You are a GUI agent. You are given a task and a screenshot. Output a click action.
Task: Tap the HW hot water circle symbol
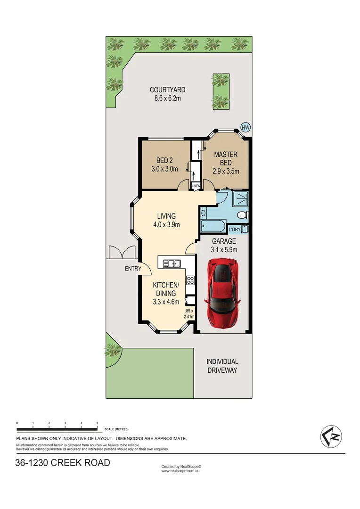pyautogui.click(x=245, y=127)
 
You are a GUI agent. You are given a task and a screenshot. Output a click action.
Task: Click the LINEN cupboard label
pyautogui.click(x=196, y=186)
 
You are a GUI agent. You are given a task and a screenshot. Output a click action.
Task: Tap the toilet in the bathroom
pyautogui.click(x=243, y=215)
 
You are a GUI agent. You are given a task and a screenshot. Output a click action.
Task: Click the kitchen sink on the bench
pyautogui.click(x=172, y=263)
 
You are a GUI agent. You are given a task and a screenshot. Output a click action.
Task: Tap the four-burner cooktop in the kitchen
pyautogui.click(x=190, y=280)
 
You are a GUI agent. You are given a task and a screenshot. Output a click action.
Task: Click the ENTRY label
pyautogui.click(x=133, y=269)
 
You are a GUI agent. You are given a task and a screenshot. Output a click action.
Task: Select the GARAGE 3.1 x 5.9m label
pyautogui.click(x=223, y=245)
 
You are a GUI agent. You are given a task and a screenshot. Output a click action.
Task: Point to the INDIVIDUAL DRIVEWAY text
pyautogui.click(x=222, y=366)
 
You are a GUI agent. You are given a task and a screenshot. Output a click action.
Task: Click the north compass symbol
pyautogui.click(x=331, y=436)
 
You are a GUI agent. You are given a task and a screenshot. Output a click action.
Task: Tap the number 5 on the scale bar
pyautogui.click(x=97, y=423)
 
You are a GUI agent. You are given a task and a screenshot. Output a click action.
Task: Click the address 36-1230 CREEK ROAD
pyautogui.click(x=63, y=463)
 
